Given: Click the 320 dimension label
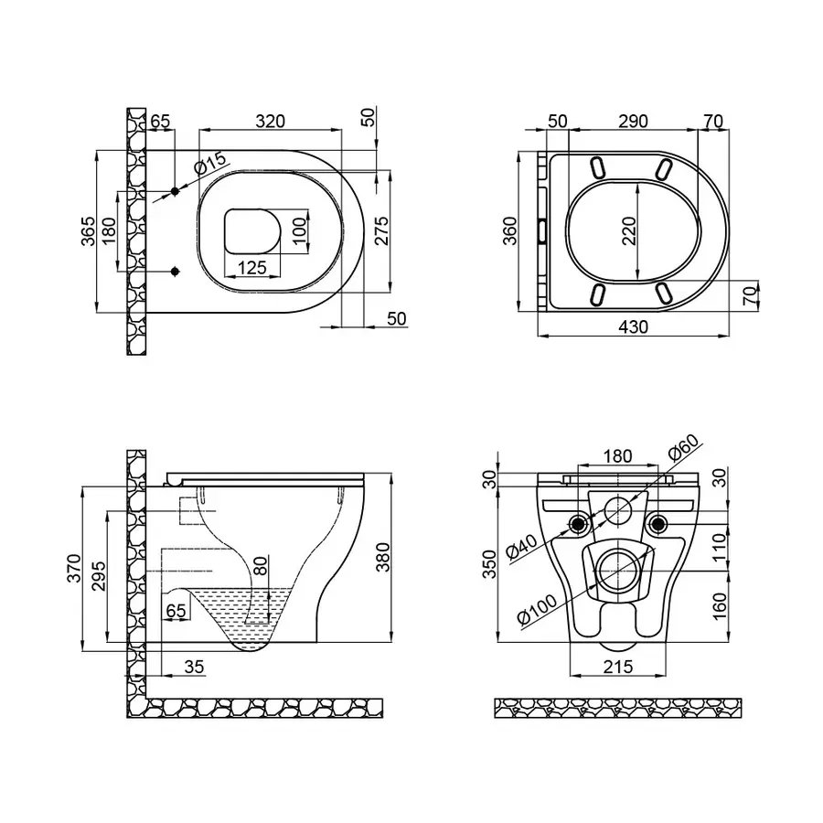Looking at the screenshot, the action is [x=271, y=122].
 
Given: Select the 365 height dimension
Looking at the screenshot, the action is [x=89, y=231].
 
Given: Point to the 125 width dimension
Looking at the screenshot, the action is [x=252, y=268].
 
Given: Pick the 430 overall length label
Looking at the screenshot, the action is [x=633, y=327].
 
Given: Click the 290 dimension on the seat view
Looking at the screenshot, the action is [x=633, y=122].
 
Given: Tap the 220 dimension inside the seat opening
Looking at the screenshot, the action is [x=628, y=230].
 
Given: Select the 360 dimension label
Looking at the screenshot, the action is [x=509, y=230].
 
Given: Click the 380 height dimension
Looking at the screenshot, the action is [x=383, y=557].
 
